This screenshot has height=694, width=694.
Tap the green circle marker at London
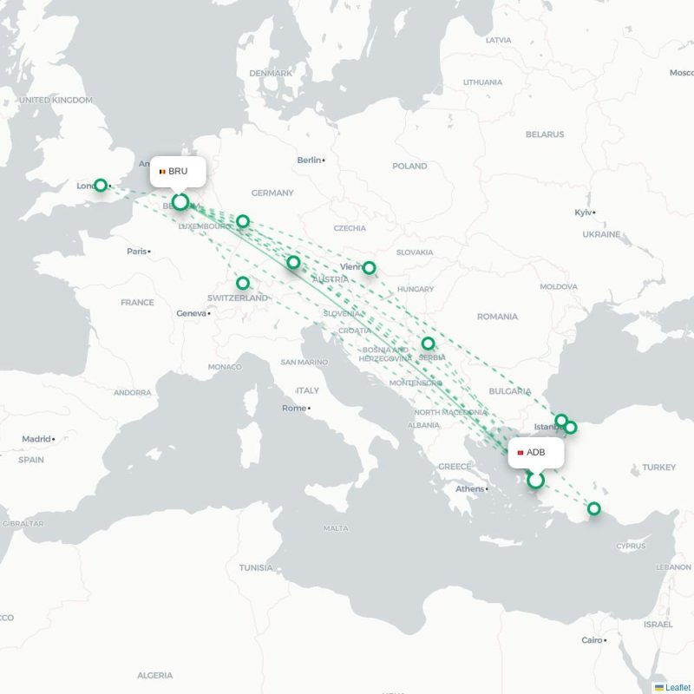pyautogui.click(x=101, y=185)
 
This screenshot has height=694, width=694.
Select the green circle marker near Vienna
pyautogui.click(x=369, y=268)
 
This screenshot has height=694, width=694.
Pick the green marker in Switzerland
pyautogui.click(x=243, y=283)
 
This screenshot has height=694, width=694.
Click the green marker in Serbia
pyautogui.click(x=428, y=344)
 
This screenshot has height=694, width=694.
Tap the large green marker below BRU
pyautogui.click(x=180, y=202)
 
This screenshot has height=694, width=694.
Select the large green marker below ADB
pyautogui.click(x=536, y=480)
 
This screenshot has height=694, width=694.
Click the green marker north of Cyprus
pyautogui.click(x=594, y=508)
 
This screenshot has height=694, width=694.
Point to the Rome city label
pyautogui.click(x=295, y=408)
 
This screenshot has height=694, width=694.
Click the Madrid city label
pyautogui.click(x=36, y=439)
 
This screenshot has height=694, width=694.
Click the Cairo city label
pyautogui.click(x=592, y=640)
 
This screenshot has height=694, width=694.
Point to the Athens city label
pyautogui.click(x=470, y=488)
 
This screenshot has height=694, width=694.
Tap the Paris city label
pyautogui.click(x=137, y=252)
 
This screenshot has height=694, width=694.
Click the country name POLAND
pyautogui.click(x=409, y=166)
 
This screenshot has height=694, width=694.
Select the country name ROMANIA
pyautogui.click(x=497, y=317)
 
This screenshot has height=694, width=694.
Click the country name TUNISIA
pyautogui.click(x=256, y=567)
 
